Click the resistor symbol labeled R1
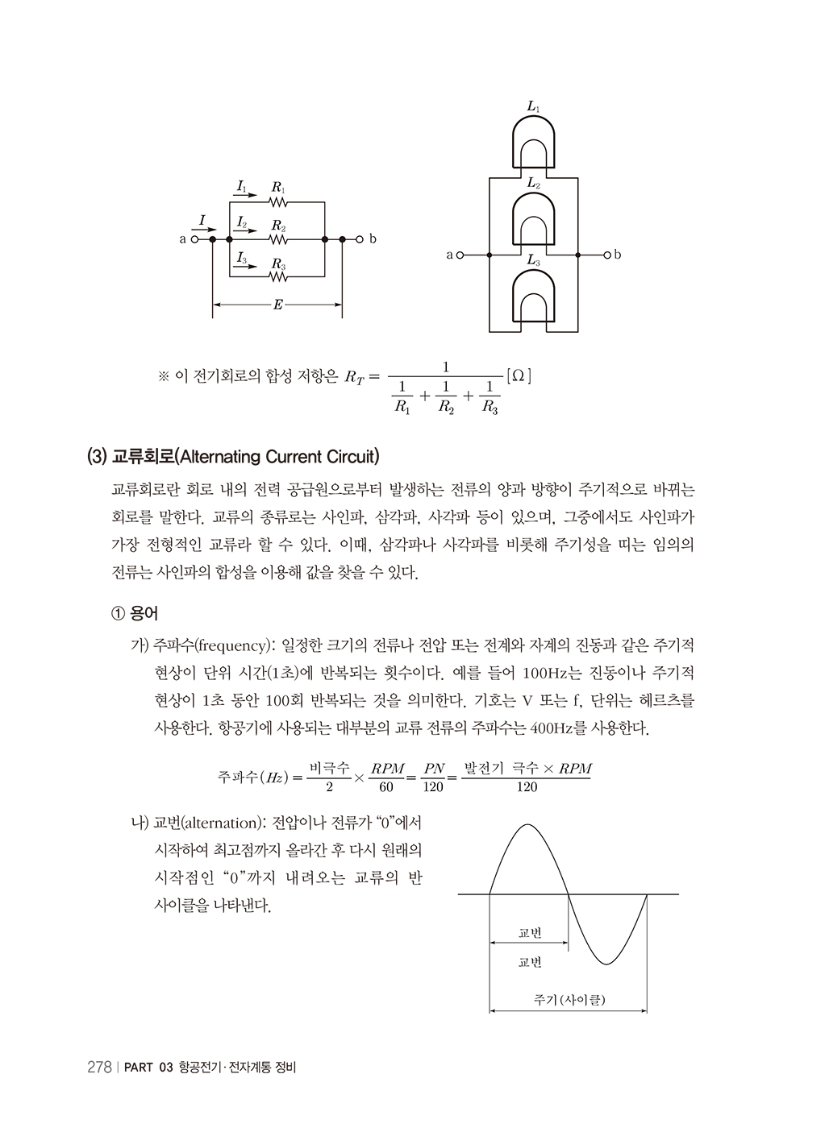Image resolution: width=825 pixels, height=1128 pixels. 278,202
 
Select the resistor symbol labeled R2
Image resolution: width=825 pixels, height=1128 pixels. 278,239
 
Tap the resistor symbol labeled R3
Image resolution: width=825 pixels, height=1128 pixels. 278,276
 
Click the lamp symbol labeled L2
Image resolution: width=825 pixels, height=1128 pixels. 533,218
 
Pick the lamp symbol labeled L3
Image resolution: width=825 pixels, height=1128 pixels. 533,295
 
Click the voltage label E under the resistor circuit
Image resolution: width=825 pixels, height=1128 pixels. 277,305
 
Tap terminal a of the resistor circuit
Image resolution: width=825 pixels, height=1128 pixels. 194,239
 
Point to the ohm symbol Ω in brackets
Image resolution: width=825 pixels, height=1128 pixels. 518,375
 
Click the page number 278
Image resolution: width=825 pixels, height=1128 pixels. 98,1068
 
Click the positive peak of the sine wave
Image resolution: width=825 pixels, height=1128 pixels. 528,825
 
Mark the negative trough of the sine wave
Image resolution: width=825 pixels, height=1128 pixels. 607,963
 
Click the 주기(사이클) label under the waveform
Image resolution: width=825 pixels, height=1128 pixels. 569,1000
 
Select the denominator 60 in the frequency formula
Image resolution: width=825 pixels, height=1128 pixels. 386,787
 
